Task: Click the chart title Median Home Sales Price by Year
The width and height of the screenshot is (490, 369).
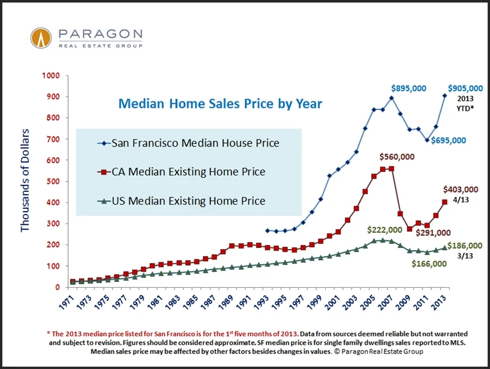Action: tap(220, 104)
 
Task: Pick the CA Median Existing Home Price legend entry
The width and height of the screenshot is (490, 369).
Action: tap(180, 172)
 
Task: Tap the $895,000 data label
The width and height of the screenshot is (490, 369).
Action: tap(409, 88)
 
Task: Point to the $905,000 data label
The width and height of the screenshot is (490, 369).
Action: tap(465, 88)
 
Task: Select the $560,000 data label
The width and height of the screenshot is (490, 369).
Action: tap(397, 156)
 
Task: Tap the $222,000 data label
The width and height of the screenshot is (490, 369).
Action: tap(385, 229)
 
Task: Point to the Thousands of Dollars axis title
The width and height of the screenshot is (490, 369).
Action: tap(25, 181)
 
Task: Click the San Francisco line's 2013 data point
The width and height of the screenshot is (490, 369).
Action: tap(444, 96)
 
